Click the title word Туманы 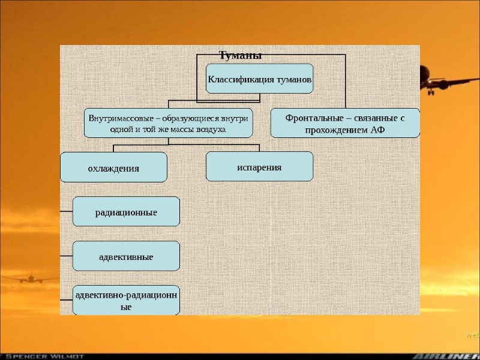coord(240,56)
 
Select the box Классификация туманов coord(259,79)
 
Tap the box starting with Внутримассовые coord(168,123)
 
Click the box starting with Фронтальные coord(345,123)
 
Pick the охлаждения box coord(114,167)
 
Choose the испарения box coord(259,166)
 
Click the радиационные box coord(126,212)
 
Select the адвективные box coord(126,256)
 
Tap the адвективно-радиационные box coord(126,300)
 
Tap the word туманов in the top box coord(293,79)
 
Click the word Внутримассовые coord(119,118)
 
